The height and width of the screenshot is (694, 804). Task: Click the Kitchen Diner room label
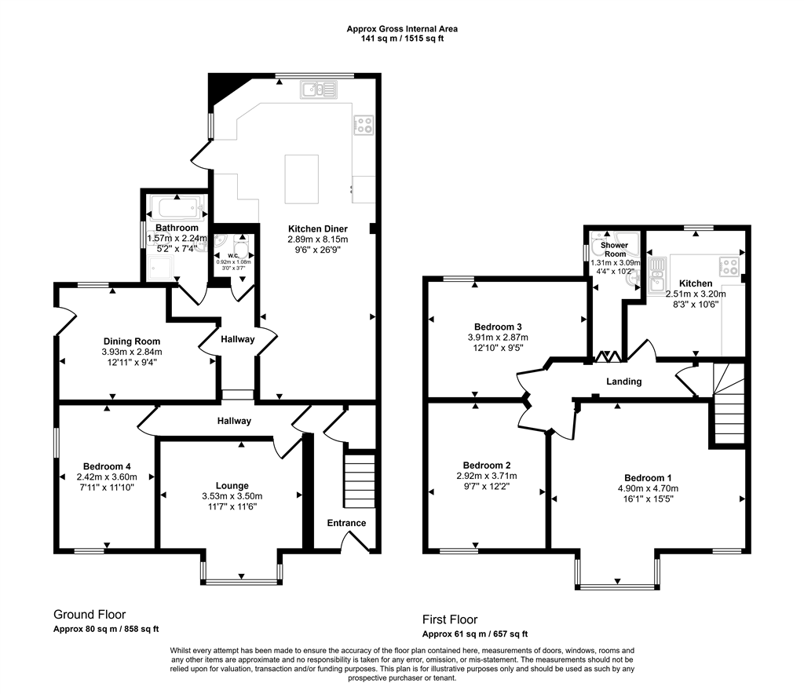317,228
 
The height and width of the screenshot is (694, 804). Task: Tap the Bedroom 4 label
107,466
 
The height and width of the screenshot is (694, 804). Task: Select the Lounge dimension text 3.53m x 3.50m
232,496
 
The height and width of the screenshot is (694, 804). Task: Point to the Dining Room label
132,342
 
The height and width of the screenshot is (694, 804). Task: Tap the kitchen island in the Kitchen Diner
301,179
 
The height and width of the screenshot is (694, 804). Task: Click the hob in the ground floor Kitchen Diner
364,125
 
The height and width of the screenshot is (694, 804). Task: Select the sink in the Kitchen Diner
319,89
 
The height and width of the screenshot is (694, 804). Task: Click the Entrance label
346,523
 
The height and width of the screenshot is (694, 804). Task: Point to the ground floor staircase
360,480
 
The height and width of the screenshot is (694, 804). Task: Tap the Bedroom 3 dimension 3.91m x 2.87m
498,338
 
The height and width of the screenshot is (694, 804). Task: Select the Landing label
623,382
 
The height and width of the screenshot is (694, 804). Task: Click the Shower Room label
614,250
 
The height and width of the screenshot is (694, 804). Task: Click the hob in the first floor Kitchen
729,265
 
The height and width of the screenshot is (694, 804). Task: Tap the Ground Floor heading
90,615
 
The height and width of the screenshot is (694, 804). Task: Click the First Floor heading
450,619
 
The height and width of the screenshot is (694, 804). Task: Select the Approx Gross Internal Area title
402,29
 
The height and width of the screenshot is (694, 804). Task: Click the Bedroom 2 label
487,466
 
